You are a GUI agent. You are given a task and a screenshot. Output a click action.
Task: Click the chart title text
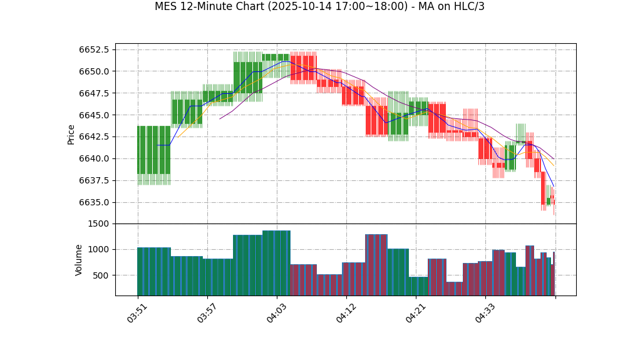coord(319,7)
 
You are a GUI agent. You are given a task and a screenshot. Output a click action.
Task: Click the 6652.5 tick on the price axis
coord(94,50)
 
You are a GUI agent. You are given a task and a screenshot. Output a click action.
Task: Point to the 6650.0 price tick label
coord(94,71)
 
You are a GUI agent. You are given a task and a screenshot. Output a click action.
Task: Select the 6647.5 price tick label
coord(94,93)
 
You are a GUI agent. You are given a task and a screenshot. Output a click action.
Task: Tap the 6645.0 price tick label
coord(94,115)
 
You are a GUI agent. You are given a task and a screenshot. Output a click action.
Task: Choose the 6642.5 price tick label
coord(94,137)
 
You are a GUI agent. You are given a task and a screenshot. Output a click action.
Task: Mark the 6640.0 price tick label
coord(94,159)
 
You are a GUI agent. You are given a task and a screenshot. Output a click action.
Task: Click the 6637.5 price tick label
coord(94,181)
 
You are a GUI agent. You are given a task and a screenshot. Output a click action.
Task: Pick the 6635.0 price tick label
coord(94,202)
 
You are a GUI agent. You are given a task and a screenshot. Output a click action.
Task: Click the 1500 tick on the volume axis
coord(98,224)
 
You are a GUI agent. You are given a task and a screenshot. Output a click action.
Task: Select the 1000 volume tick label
coord(98,250)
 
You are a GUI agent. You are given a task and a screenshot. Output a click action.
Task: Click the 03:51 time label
coord(137,313)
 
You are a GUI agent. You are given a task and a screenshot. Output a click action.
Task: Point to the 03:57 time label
coord(207,313)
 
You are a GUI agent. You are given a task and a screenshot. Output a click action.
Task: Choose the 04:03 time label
coord(276,313)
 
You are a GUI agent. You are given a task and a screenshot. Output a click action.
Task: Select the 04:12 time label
coord(346,313)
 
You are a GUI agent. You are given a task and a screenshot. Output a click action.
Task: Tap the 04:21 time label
coord(415,313)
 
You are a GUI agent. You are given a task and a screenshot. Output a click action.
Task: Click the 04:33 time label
coord(485,313)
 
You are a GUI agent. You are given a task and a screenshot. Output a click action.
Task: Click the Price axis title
coord(71,134)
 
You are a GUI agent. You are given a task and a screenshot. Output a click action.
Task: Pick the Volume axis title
coord(79,260)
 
